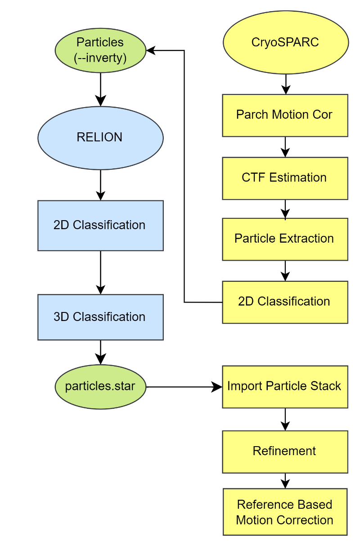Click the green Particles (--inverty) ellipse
[x=100, y=50]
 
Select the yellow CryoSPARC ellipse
[x=285, y=42]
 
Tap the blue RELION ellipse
[x=100, y=138]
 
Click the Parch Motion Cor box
[x=285, y=115]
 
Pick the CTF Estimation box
[x=285, y=178]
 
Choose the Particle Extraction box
[x=285, y=239]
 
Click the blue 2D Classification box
[x=100, y=225]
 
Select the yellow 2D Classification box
[x=285, y=302]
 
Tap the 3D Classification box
[x=100, y=317]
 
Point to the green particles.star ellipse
[x=100, y=386]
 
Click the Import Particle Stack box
[x=285, y=387]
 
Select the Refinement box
[x=285, y=452]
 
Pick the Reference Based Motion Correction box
[x=285, y=512]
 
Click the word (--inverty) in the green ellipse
[x=100, y=58]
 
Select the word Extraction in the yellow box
[x=307, y=239]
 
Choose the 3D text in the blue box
[x=61, y=317]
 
